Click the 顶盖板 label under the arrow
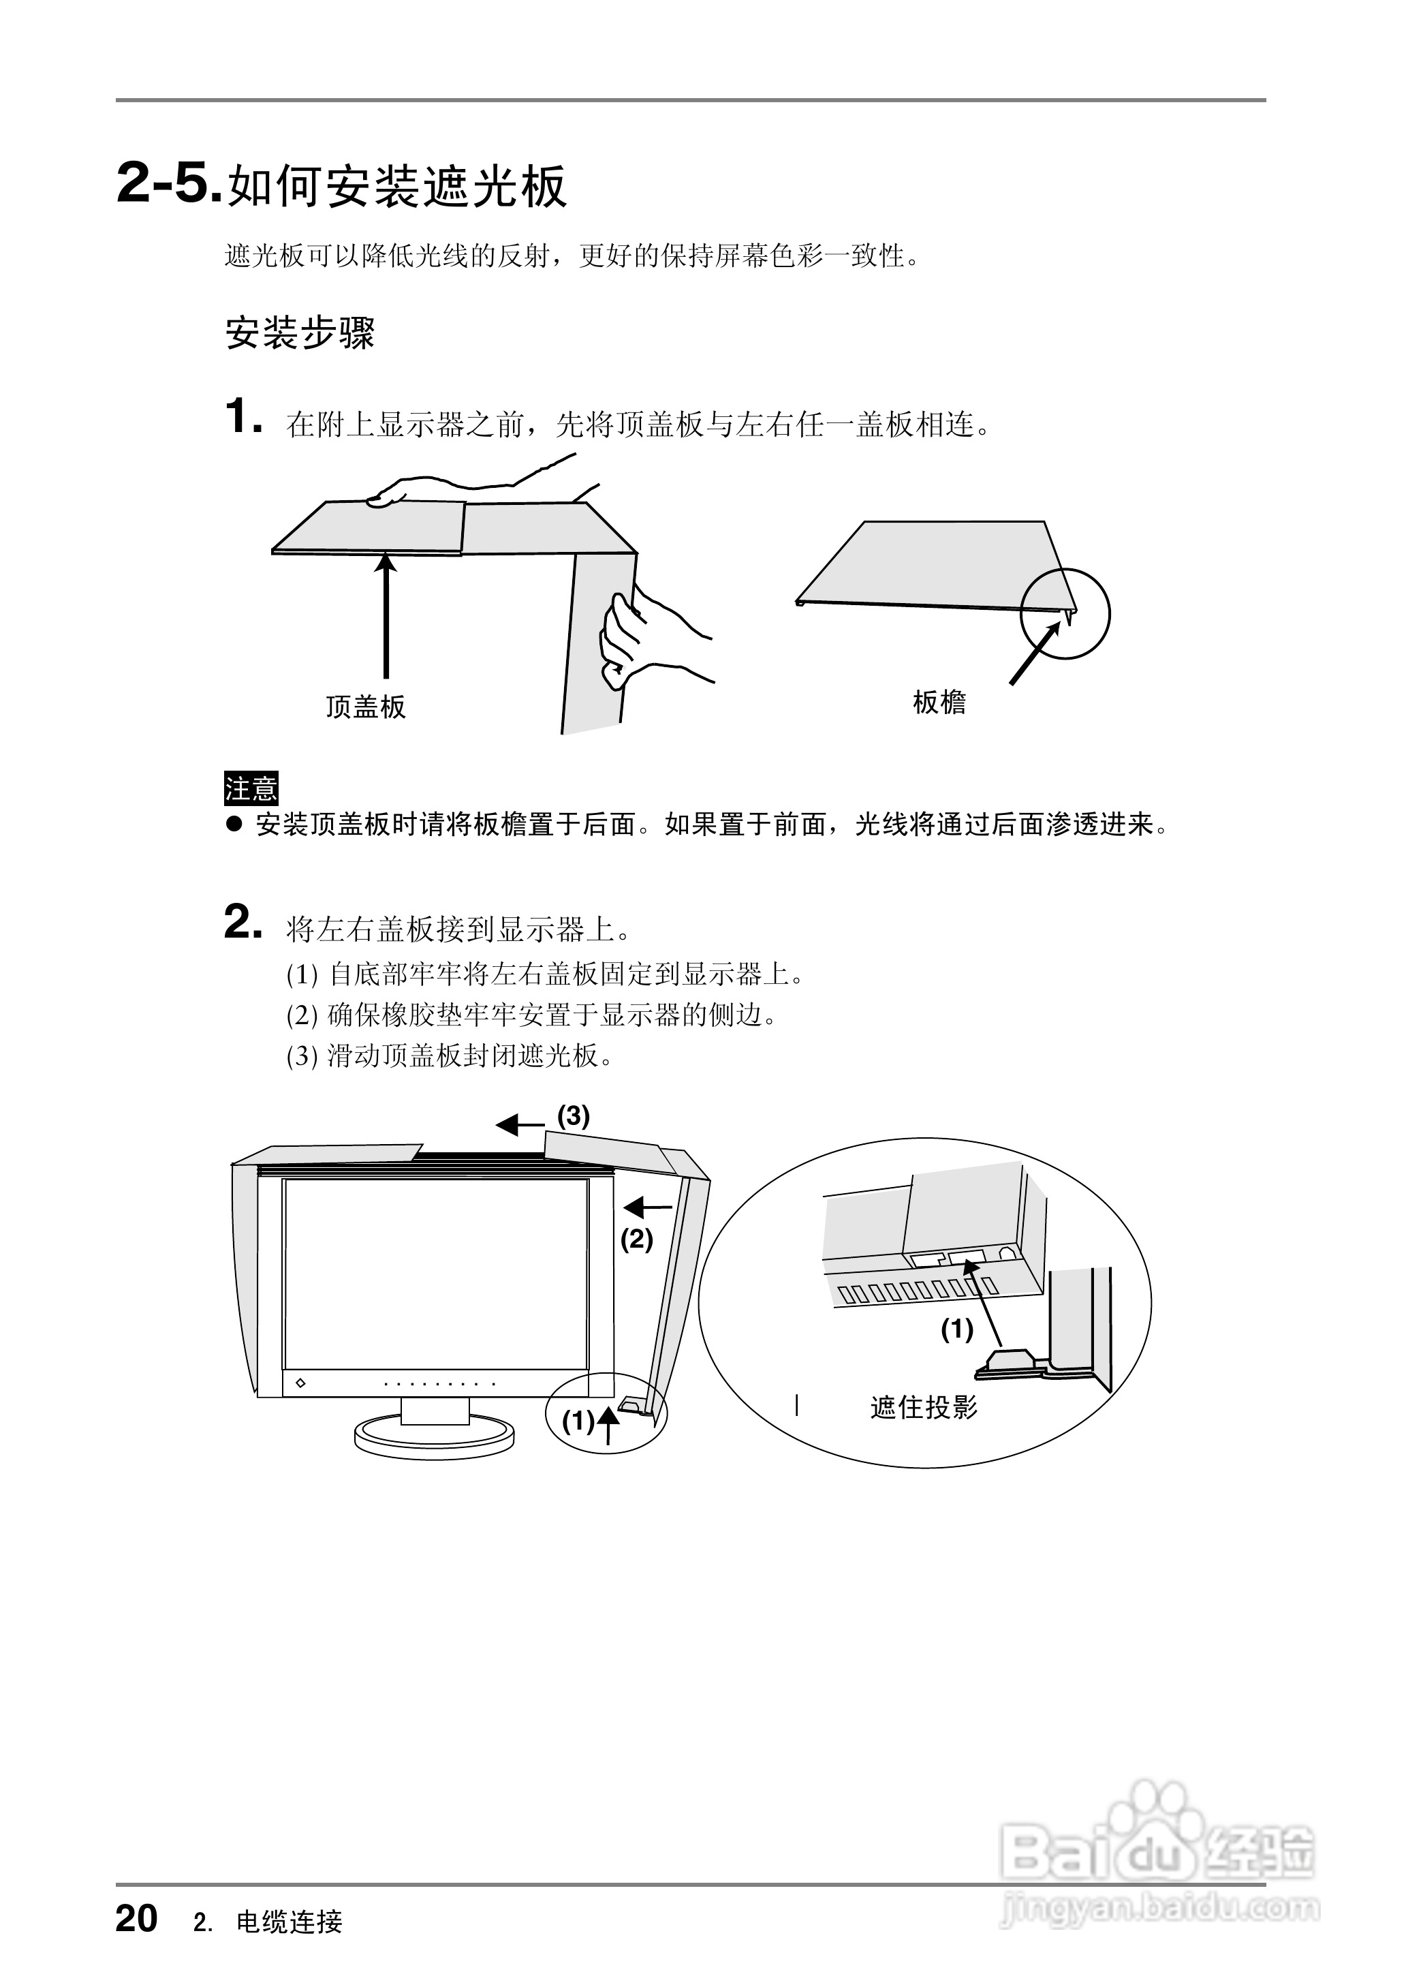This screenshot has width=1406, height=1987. click(x=364, y=707)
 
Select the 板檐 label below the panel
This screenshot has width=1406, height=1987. click(x=939, y=702)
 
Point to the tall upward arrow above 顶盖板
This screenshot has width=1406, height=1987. click(x=386, y=615)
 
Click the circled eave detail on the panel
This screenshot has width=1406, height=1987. click(x=1064, y=613)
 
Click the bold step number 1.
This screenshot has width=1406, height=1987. click(x=242, y=416)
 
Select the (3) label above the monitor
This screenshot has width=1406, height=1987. click(x=573, y=1116)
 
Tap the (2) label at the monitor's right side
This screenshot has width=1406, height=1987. click(x=636, y=1239)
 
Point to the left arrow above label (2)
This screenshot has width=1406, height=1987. click(x=648, y=1207)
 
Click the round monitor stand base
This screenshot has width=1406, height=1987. click(x=434, y=1438)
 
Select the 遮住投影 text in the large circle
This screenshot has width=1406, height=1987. click(x=923, y=1408)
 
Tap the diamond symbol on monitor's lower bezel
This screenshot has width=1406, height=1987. click(x=300, y=1383)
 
